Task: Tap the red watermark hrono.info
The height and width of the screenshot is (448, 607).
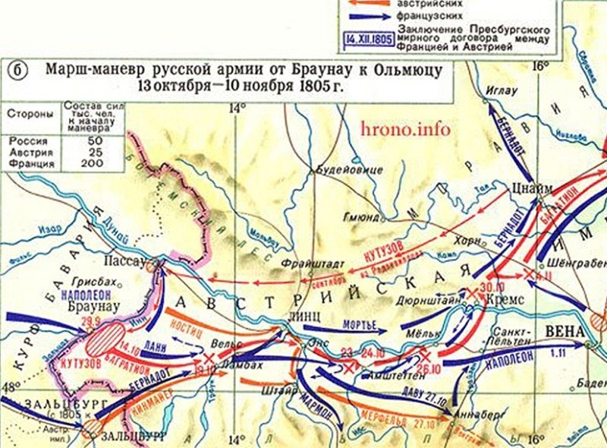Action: (x=406, y=129)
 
